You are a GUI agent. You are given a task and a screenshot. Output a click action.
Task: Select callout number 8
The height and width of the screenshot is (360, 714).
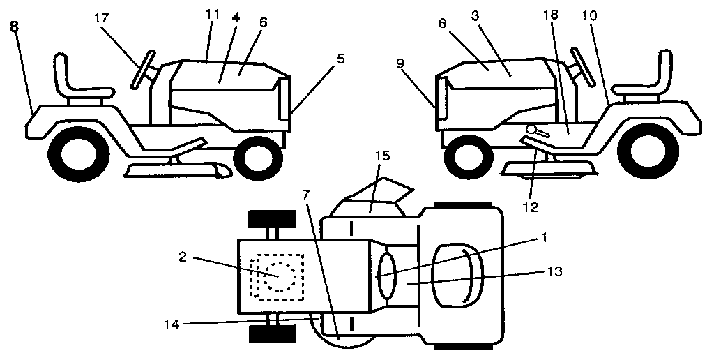click(15, 27)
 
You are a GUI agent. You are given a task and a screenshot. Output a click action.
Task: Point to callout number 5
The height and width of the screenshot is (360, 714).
click(340, 59)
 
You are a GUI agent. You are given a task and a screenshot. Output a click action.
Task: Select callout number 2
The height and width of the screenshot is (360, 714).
click(181, 257)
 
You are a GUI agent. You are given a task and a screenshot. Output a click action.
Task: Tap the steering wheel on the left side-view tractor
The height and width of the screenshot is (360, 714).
click(142, 70)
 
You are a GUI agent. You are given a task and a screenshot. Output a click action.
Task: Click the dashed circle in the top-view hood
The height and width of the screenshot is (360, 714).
click(278, 276)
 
